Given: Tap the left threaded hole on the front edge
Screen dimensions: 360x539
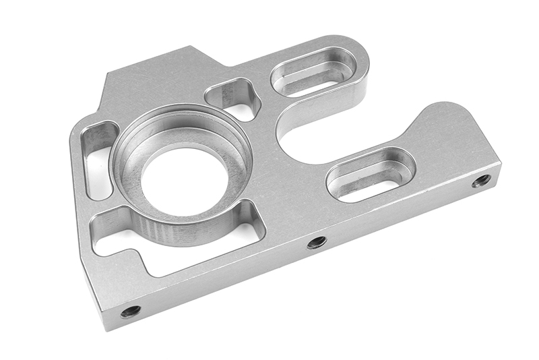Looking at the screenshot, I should [130, 311].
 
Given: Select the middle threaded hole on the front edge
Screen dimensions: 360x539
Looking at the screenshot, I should [317, 242].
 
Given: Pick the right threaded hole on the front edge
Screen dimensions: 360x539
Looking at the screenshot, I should [481, 180].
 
